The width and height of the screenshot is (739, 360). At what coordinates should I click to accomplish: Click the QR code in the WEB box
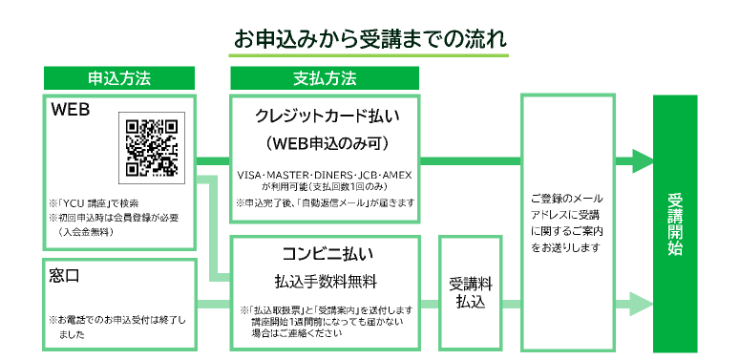click(x=149, y=148)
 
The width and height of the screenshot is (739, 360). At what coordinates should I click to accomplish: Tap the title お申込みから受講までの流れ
click(x=369, y=41)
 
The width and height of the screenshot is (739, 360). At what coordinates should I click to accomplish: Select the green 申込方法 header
click(x=119, y=77)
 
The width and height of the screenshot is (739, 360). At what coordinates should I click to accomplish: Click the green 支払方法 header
click(x=325, y=77)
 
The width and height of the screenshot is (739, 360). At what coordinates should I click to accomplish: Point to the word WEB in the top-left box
click(x=71, y=111)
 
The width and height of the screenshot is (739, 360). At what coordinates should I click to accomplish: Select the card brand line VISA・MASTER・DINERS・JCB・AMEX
click(x=325, y=177)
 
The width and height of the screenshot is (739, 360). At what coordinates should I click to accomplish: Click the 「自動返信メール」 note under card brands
click(x=325, y=202)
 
